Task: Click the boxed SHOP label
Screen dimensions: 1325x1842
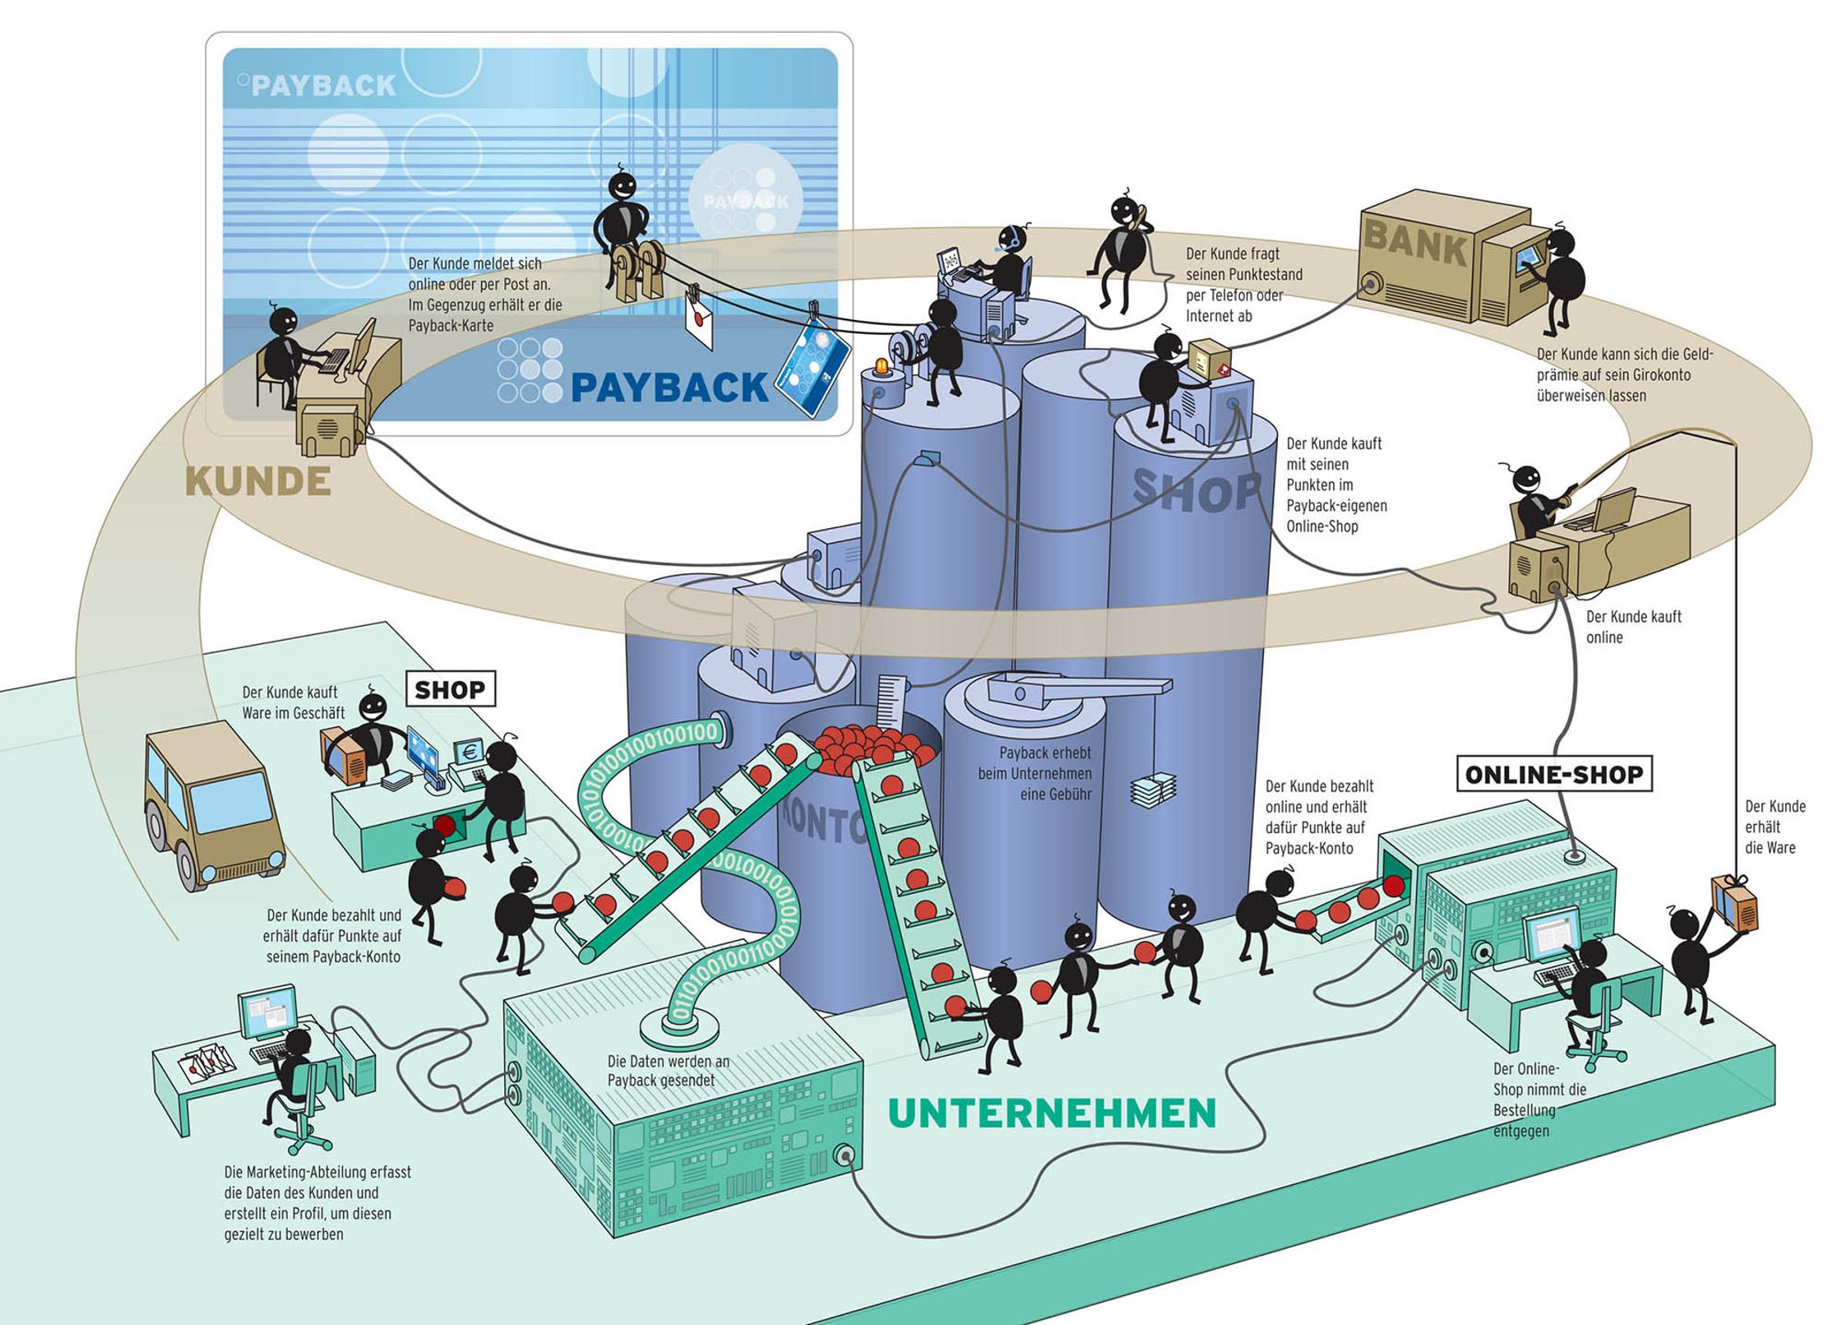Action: click(450, 689)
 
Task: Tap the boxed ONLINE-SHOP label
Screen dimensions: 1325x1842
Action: click(1553, 774)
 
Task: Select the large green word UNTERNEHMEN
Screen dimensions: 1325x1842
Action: click(1052, 1114)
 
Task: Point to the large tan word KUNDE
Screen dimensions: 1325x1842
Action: click(258, 481)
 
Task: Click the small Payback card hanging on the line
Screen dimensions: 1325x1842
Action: click(813, 367)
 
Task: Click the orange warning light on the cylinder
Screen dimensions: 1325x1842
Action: click(882, 367)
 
